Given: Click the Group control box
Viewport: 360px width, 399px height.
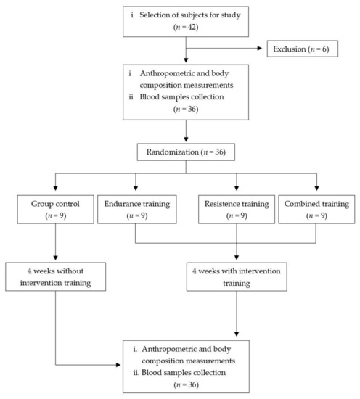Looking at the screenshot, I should [x=54, y=209].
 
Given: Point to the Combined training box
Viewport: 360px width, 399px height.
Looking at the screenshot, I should [x=317, y=209].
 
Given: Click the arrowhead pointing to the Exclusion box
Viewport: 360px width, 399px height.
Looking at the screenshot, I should [x=263, y=49].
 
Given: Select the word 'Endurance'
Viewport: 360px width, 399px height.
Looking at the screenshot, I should [x=119, y=202].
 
